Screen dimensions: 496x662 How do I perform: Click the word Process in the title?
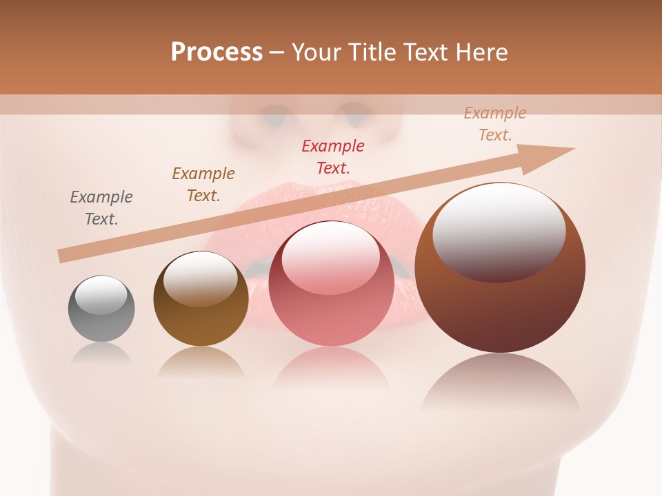coord(217,52)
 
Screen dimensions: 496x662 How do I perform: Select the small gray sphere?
coord(101,309)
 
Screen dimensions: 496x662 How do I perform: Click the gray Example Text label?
coord(101,208)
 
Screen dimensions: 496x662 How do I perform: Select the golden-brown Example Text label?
coord(203,185)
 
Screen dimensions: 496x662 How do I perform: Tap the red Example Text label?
coord(333,156)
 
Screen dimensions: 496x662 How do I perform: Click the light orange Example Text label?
coord(495,124)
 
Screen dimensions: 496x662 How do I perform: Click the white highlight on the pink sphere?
coord(331,258)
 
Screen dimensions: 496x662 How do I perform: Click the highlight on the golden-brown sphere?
coord(201,280)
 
